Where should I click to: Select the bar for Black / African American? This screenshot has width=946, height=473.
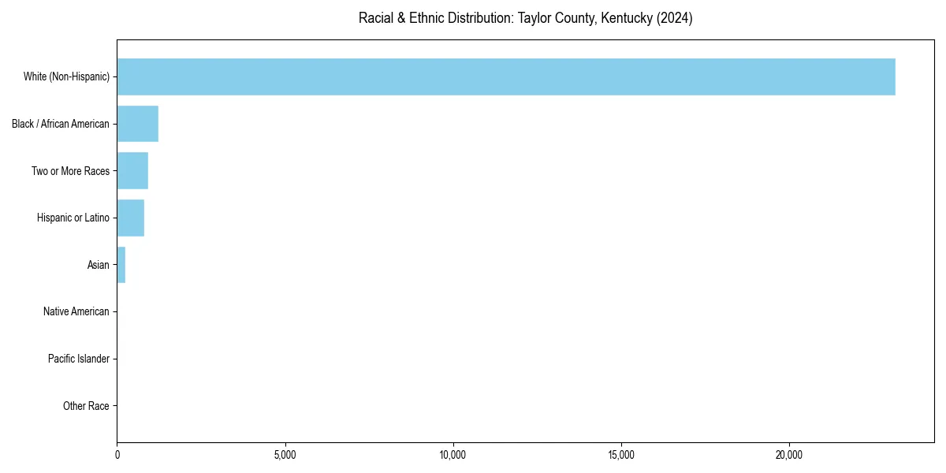pos(138,124)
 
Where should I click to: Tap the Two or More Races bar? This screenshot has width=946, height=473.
pos(132,171)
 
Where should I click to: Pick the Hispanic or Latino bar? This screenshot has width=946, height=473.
pos(131,218)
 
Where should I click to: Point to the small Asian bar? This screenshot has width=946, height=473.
pos(121,265)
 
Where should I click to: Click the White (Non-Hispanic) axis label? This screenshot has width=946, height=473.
pos(66,76)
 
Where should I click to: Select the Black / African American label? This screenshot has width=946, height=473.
pos(61,124)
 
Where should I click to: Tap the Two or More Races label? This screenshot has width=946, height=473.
pos(70,171)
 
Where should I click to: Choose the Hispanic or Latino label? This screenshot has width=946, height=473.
pos(73,218)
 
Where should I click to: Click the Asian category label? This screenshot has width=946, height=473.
pos(99,265)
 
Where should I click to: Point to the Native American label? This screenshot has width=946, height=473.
pos(76,311)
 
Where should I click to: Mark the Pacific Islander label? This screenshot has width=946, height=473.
pos(79,359)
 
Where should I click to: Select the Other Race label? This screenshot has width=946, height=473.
pos(86,406)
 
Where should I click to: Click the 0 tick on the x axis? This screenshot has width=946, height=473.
pos(117,455)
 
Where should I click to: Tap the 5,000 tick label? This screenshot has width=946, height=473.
pos(285,455)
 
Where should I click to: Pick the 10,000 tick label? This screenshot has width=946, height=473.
pos(453,455)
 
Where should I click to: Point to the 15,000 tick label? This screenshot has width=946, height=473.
pos(621,455)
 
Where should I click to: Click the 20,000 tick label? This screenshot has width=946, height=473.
pos(789,455)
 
